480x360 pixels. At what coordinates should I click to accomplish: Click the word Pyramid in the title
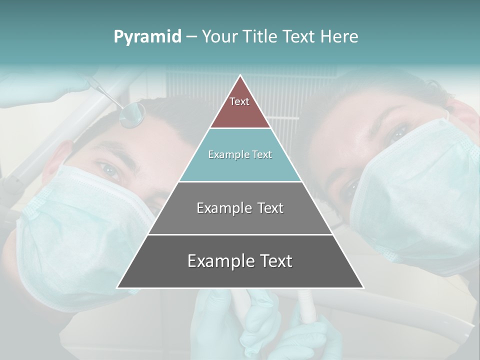pos(147,37)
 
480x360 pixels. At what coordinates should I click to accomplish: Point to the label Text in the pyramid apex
pos(239,101)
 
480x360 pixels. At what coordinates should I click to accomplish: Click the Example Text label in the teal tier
pos(240,154)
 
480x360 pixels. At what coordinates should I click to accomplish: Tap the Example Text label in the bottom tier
pos(240,261)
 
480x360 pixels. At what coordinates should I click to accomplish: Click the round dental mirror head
pos(132,115)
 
